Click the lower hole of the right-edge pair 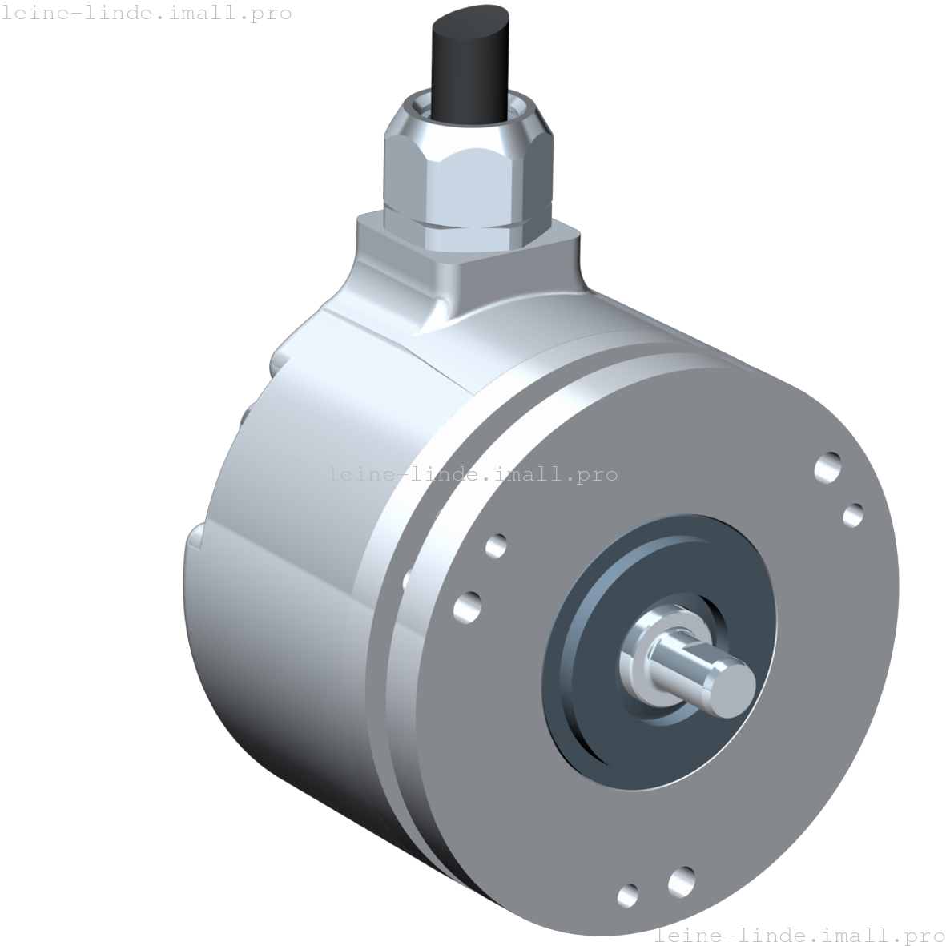(x=853, y=514)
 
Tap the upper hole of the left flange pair (x=496, y=546)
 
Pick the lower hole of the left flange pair (x=468, y=606)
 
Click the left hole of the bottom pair (x=628, y=895)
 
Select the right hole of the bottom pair (x=680, y=881)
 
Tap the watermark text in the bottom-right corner (x=799, y=935)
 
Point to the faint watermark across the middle (x=473, y=473)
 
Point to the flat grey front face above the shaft (x=681, y=449)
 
